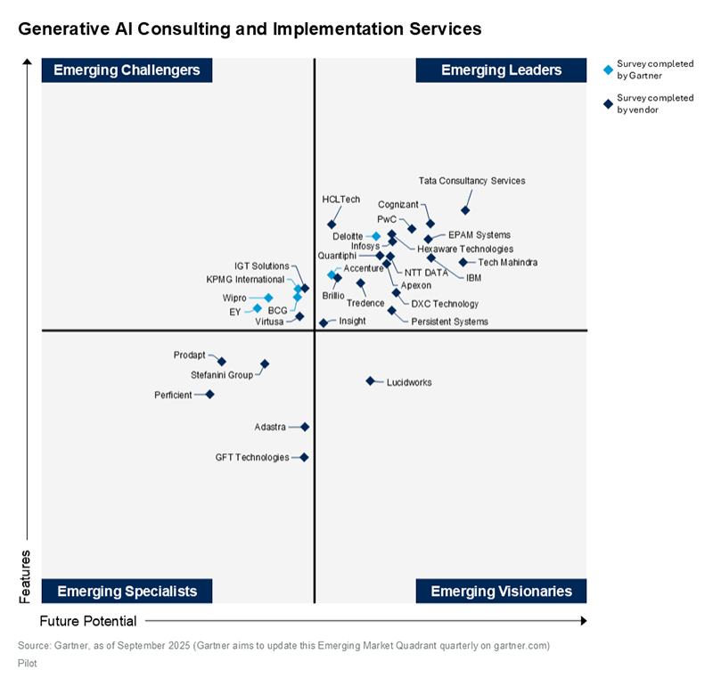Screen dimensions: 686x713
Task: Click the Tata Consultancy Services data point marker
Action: [465, 210]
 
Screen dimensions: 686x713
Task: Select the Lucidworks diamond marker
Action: [370, 381]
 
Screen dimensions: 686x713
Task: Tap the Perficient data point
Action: [209, 395]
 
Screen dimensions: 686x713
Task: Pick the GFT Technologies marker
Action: [304, 457]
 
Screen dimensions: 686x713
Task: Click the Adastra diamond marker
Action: [305, 427]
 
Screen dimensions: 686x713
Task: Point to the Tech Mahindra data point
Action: [463, 262]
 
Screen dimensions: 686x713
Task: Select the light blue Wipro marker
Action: [268, 298]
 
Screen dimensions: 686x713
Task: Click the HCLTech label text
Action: [340, 199]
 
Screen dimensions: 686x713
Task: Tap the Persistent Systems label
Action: [449, 322]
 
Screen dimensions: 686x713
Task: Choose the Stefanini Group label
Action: [222, 375]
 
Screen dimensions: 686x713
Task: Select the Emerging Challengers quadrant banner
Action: [127, 70]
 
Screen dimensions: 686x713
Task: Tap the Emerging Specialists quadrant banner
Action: [127, 592]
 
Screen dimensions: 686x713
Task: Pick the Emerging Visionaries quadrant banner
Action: [501, 592]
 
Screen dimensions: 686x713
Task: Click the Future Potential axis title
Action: [88, 621]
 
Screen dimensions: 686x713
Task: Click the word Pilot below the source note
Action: [27, 663]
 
